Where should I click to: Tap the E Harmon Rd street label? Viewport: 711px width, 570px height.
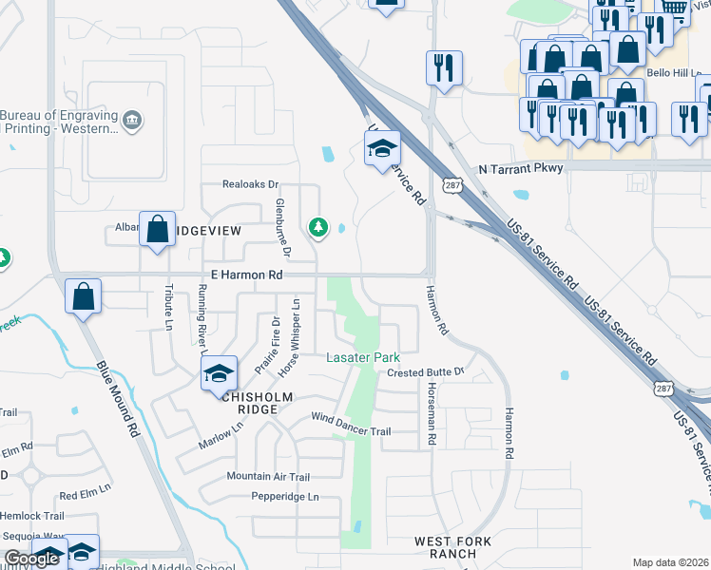(247, 275)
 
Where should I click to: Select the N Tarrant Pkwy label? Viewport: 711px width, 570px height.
(521, 168)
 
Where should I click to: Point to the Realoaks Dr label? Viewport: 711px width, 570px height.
(249, 184)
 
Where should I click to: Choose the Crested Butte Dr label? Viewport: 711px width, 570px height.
(424, 372)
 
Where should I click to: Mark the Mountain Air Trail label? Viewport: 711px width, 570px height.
(268, 476)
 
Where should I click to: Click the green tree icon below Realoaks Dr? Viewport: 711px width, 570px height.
(317, 227)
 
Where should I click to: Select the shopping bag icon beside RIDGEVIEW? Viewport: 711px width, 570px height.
(157, 229)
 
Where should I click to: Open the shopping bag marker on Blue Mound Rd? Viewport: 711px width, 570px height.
(84, 295)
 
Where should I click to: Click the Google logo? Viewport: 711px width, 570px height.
(32, 560)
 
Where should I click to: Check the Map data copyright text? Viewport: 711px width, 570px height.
(670, 562)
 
